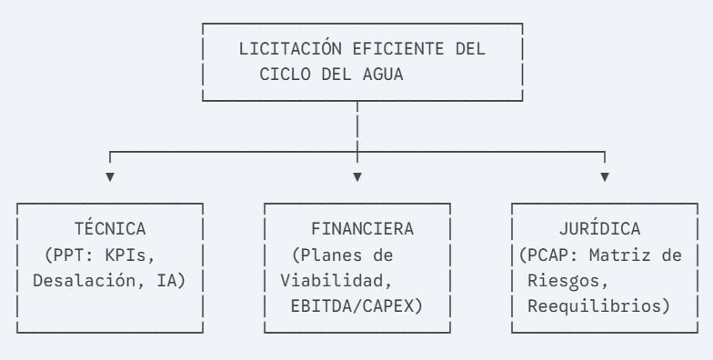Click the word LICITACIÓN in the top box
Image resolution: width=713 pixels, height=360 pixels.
[290, 47]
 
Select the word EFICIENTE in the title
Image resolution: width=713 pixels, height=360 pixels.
[398, 49]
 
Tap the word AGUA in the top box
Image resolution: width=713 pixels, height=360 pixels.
[383, 75]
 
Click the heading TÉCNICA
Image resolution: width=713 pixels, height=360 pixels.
[110, 228]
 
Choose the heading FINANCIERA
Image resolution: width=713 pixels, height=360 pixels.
[362, 229]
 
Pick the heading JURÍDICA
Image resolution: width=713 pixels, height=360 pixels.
[600, 228]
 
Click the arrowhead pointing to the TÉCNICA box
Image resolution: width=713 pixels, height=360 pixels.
[110, 176]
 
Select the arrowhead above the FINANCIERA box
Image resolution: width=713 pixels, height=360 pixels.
[357, 176]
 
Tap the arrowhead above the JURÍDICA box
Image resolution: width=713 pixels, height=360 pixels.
[605, 176]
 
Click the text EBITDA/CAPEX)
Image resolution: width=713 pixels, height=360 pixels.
[356, 306]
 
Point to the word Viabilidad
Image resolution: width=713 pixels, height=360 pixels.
[331, 280]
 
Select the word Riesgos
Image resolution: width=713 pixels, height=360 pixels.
[564, 281]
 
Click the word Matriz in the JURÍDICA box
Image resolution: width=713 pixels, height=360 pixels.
[620, 255]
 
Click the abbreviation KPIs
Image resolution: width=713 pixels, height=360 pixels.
[126, 255]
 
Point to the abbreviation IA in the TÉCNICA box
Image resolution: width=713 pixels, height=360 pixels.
[166, 280]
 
